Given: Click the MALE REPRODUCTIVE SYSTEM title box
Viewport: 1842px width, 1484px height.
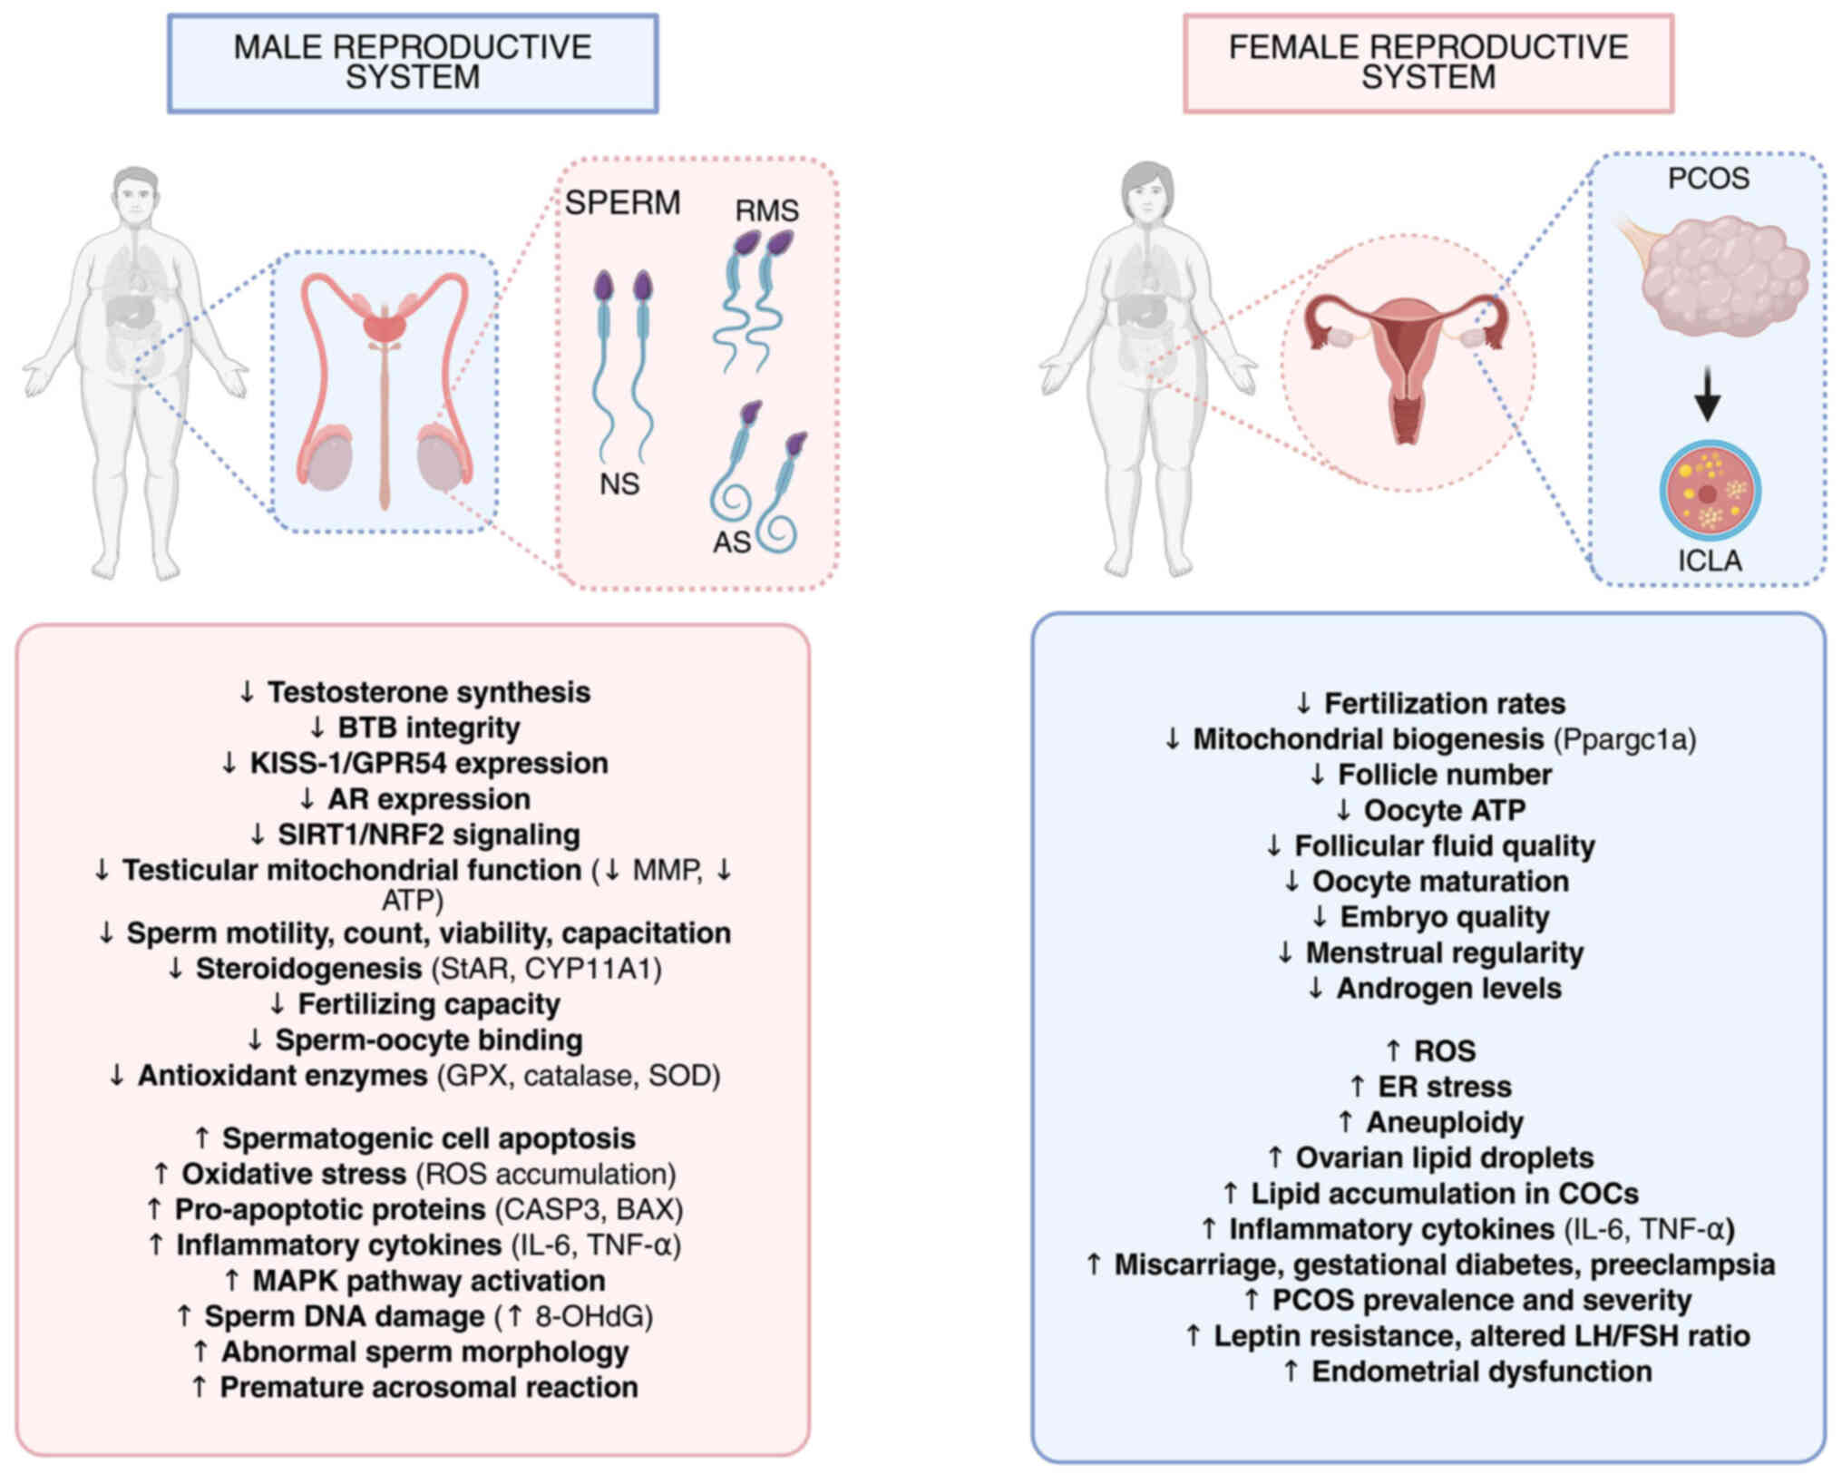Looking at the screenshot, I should pyautogui.click(x=413, y=63).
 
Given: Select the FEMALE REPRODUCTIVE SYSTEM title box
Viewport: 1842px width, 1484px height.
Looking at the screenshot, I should pyautogui.click(x=1428, y=63).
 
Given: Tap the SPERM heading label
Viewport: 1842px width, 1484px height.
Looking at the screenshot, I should pyautogui.click(x=622, y=202).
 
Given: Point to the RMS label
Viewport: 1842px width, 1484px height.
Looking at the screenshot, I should pyautogui.click(x=766, y=210).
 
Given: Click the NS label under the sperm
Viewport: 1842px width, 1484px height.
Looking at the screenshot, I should pyautogui.click(x=619, y=484).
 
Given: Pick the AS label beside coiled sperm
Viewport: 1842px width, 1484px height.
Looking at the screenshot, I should pyautogui.click(x=731, y=542).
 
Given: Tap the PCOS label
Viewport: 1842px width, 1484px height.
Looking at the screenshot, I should pyautogui.click(x=1708, y=179).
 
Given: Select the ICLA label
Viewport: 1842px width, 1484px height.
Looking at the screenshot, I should pyautogui.click(x=1710, y=561).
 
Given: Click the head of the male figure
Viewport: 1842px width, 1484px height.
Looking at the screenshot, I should pyautogui.click(x=136, y=201).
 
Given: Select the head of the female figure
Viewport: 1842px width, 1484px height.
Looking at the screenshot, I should pyautogui.click(x=1148, y=194).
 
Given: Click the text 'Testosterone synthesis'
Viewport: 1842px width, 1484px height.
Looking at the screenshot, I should pyautogui.click(x=428, y=692).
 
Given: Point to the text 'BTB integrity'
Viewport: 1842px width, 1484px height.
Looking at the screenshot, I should pyautogui.click(x=428, y=727).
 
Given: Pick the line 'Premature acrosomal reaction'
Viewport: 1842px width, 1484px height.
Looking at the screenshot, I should pyautogui.click(x=428, y=1387).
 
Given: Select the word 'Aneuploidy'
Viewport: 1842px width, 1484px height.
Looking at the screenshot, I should pyautogui.click(x=1444, y=1122).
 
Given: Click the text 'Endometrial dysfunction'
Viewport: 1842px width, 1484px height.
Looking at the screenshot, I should pyautogui.click(x=1481, y=1371).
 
